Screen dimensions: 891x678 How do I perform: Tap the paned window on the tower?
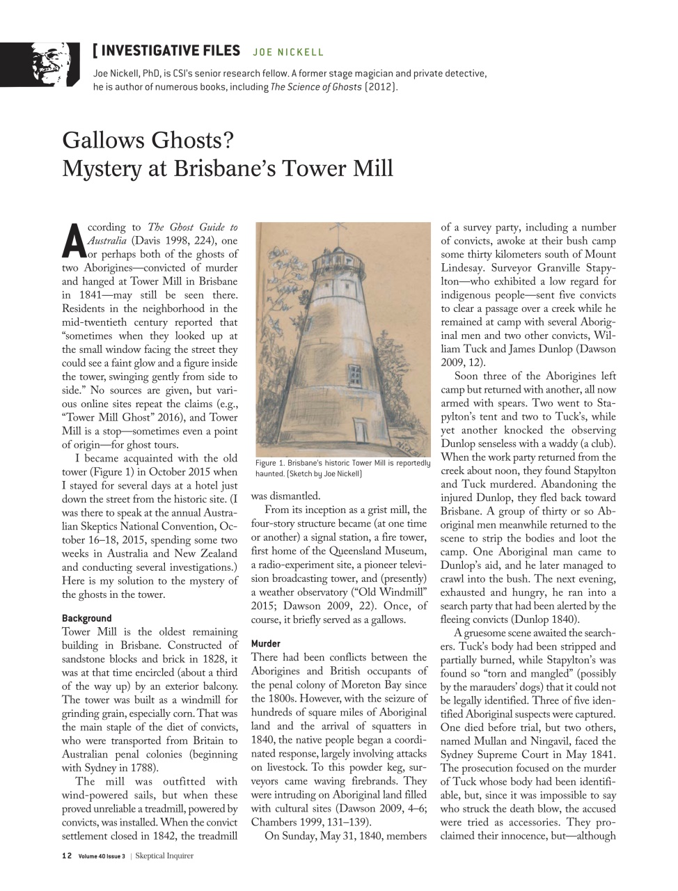[x=354, y=377]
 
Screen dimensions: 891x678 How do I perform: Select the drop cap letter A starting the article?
[x=74, y=240]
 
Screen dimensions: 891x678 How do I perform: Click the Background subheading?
[x=86, y=618]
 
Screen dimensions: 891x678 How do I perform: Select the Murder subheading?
[x=265, y=644]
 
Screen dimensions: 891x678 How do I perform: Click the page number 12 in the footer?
[x=66, y=855]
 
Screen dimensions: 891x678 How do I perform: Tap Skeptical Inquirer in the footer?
[x=164, y=855]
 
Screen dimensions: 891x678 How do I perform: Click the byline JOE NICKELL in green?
[x=288, y=52]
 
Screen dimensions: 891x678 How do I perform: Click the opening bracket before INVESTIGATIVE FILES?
[x=95, y=50]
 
